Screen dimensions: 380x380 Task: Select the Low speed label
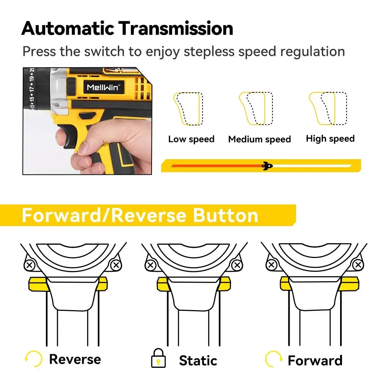(191, 139)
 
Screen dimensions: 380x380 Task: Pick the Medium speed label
(259, 139)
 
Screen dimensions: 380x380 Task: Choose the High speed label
(330, 139)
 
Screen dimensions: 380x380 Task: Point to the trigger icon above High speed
(328, 108)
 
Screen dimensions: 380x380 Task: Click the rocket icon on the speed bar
(268, 166)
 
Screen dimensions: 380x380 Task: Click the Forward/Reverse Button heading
(140, 215)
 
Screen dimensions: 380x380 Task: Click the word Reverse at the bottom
(75, 359)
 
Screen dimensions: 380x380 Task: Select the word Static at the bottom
(198, 360)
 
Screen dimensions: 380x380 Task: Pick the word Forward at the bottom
(315, 360)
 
